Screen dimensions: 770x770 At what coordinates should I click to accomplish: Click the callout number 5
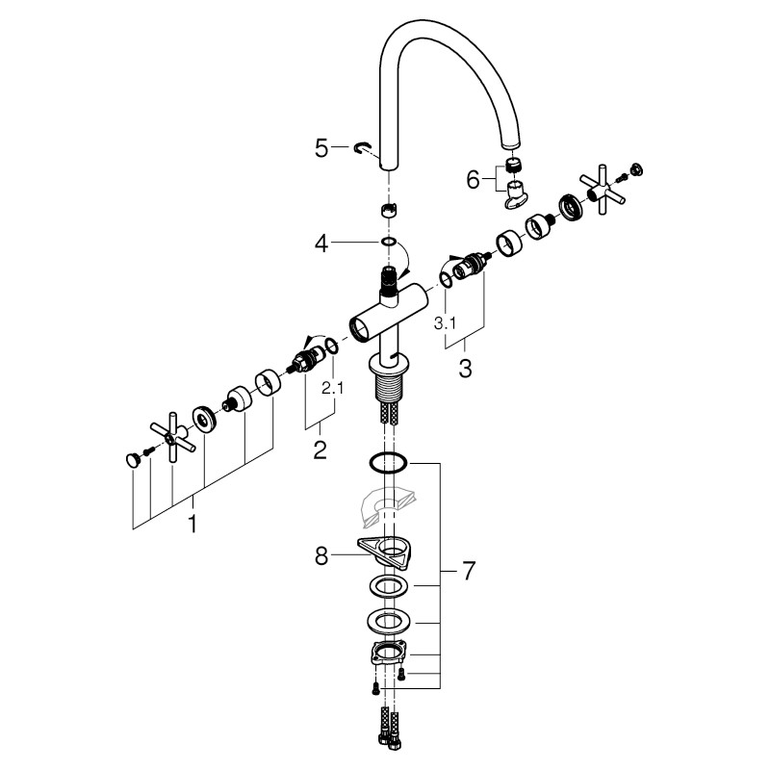(x=321, y=148)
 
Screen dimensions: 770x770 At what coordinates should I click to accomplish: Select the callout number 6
(x=473, y=180)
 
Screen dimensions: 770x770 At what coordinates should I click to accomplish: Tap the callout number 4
(x=321, y=244)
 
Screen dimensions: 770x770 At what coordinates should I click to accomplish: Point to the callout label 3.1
(x=445, y=323)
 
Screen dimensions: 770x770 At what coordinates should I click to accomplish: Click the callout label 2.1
(x=332, y=389)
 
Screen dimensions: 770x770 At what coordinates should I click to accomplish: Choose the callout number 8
(x=321, y=556)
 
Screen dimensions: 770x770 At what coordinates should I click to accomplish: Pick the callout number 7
(x=469, y=571)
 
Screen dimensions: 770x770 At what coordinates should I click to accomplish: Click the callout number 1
(x=193, y=524)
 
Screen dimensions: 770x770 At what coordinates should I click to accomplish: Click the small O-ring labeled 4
(x=389, y=242)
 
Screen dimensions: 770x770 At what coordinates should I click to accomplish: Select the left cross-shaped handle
(x=173, y=437)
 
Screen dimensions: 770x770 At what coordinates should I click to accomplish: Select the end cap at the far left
(x=133, y=460)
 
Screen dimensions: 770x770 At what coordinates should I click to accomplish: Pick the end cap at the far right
(x=637, y=169)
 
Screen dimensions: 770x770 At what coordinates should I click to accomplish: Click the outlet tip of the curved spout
(x=510, y=143)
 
